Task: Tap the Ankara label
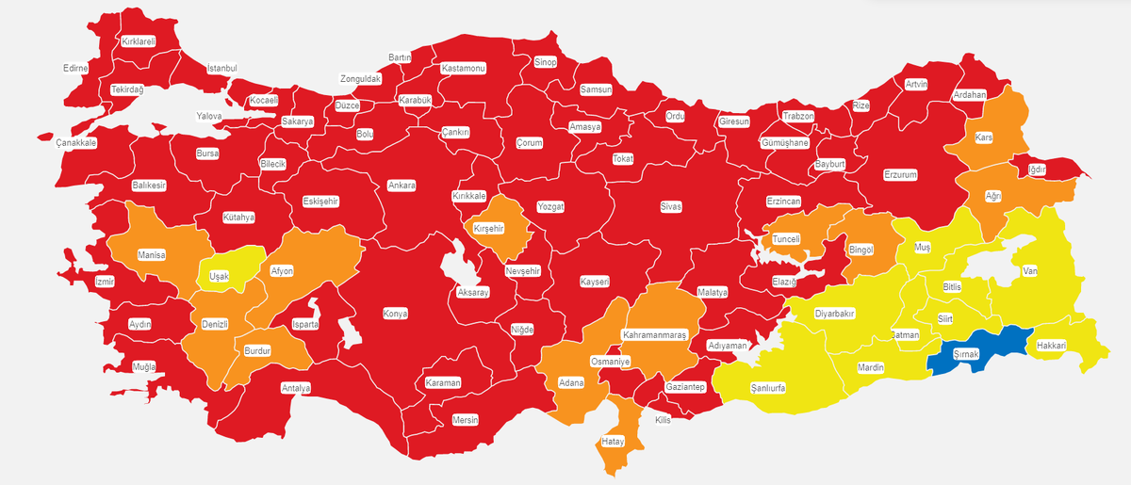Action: pos(402,186)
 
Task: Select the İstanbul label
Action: pos(221,69)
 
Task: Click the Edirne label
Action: pos(75,69)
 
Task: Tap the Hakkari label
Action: pos(1050,346)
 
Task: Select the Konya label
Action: pos(395,314)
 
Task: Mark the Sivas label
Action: pos(670,206)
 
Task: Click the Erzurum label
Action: pos(899,174)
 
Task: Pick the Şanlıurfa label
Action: pos(767,387)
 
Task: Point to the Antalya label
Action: pos(296,387)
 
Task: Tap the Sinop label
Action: pos(546,62)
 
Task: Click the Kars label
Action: pos(984,137)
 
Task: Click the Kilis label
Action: pos(663,420)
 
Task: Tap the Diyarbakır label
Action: pos(834,313)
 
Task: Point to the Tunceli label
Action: pos(786,239)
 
